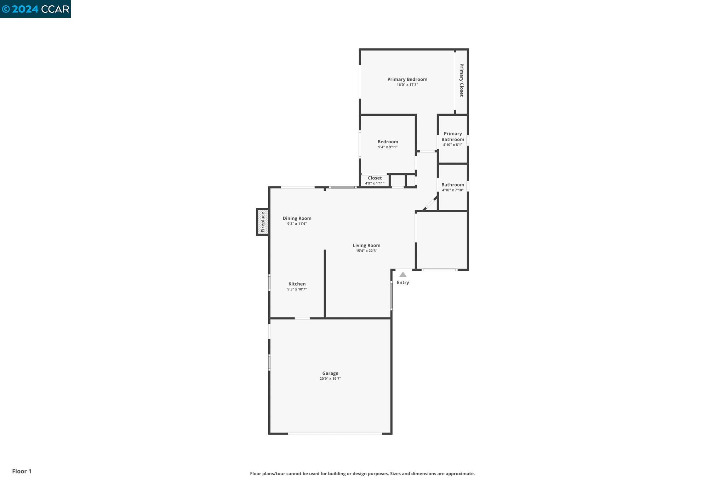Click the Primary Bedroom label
(407, 79)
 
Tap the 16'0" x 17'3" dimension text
(407, 85)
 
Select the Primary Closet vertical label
(461, 80)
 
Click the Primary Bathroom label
(453, 136)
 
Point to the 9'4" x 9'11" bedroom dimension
(388, 147)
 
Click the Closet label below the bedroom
(375, 178)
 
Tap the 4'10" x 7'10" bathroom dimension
(452, 190)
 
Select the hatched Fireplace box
(263, 222)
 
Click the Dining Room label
(297, 218)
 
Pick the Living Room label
(366, 245)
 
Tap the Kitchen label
(297, 284)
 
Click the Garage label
(330, 373)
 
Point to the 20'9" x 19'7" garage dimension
(330, 379)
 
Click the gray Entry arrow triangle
(403, 275)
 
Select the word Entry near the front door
(403, 282)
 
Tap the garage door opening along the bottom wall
(335, 433)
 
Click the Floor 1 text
(22, 471)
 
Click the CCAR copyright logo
(35, 9)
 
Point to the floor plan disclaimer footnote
(362, 473)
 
